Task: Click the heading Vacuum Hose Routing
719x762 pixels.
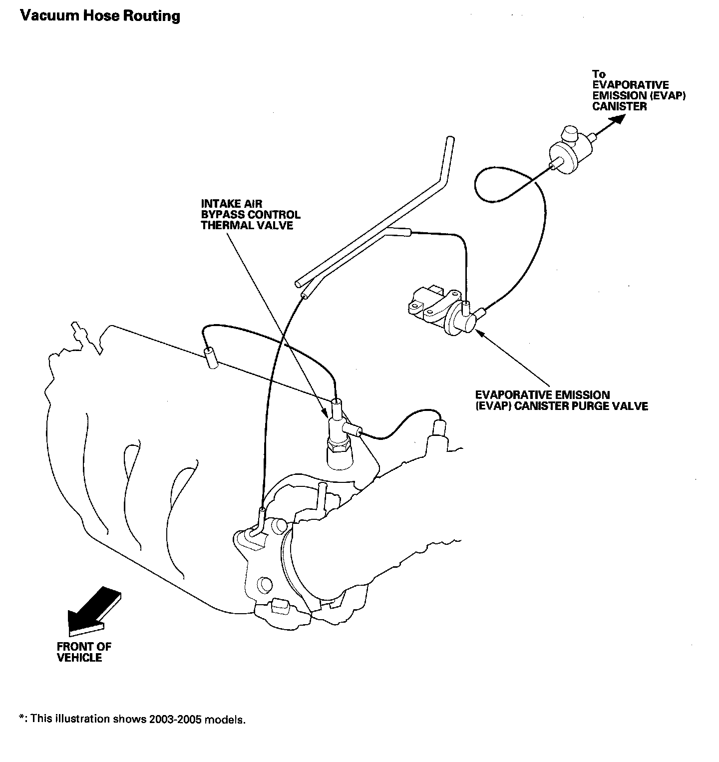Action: (100, 16)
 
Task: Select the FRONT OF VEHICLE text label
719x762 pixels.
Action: (84, 652)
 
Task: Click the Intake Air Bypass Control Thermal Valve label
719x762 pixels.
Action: (251, 215)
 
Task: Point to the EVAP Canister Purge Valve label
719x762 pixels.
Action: (561, 400)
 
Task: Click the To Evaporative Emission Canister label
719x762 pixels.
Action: (639, 90)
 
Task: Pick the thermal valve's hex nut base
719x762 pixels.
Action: (339, 446)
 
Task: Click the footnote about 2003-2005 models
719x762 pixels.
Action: (133, 720)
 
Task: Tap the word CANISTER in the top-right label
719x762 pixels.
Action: (620, 106)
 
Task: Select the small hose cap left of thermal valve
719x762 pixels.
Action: (212, 358)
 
